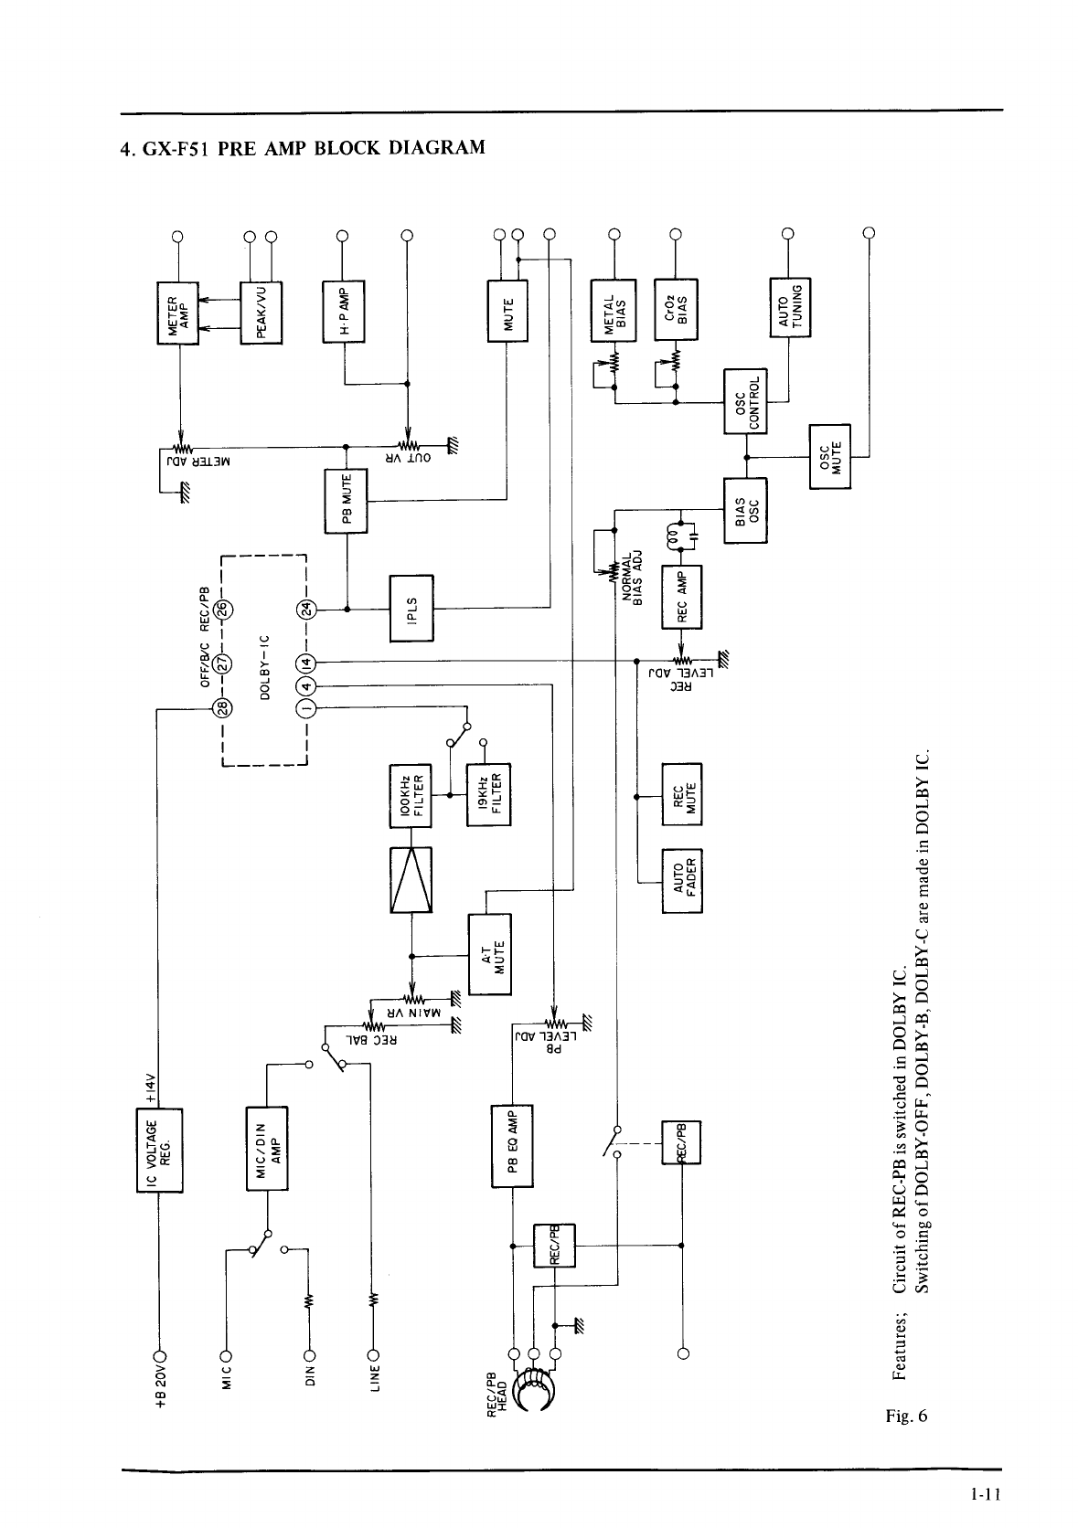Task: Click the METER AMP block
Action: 179,313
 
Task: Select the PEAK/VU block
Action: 261,313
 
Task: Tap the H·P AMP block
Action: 344,311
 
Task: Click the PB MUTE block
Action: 347,502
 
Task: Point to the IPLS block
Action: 411,608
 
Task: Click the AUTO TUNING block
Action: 791,306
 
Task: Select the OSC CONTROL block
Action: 746,401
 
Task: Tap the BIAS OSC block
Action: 745,510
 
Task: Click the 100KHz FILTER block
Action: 411,794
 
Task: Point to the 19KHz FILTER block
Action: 488,794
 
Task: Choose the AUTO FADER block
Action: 682,880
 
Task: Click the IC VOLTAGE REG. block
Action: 160,1149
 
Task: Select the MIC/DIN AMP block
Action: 268,1149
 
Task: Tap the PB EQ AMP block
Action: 513,1146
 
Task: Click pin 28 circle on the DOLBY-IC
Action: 223,707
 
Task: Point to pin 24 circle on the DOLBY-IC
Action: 306,608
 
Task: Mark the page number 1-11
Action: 987,1495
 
